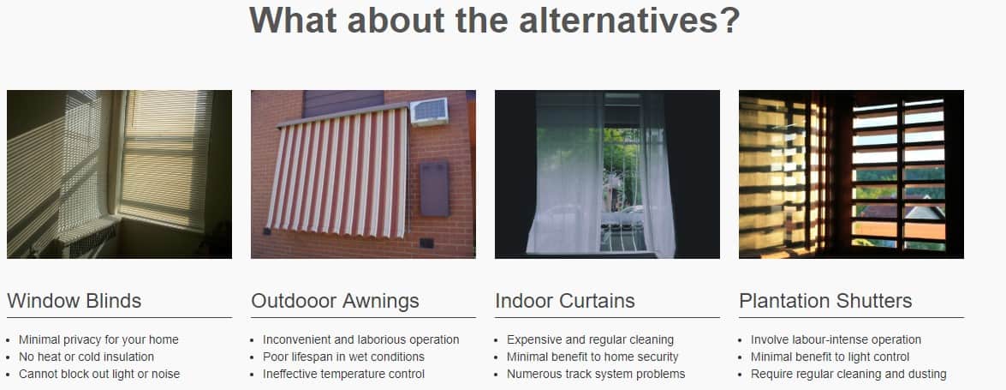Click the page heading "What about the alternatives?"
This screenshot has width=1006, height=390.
click(x=494, y=20)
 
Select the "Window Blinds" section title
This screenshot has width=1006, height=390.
click(x=74, y=301)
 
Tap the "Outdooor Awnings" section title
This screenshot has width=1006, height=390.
click(x=335, y=301)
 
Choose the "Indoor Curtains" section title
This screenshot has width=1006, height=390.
click(x=564, y=301)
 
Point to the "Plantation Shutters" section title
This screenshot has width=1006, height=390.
click(x=825, y=301)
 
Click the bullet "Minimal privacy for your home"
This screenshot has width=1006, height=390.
click(x=98, y=340)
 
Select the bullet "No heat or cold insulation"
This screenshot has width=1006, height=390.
click(x=86, y=357)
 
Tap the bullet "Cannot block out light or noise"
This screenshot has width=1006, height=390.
click(x=99, y=374)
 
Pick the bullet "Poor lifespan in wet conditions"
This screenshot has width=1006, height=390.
click(x=344, y=357)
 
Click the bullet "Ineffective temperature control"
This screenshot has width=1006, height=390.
click(x=344, y=374)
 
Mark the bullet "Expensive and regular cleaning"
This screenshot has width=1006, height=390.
click(x=590, y=340)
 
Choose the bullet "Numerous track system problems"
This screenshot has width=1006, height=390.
click(x=596, y=374)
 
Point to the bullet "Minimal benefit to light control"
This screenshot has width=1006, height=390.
click(x=830, y=357)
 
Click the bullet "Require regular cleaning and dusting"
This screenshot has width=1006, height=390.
click(x=848, y=374)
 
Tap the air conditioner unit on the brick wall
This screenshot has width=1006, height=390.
click(x=429, y=111)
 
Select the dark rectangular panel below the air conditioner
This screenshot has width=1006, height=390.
click(x=434, y=189)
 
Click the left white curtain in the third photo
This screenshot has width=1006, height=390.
click(x=564, y=172)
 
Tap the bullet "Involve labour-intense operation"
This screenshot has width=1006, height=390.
click(x=836, y=340)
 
